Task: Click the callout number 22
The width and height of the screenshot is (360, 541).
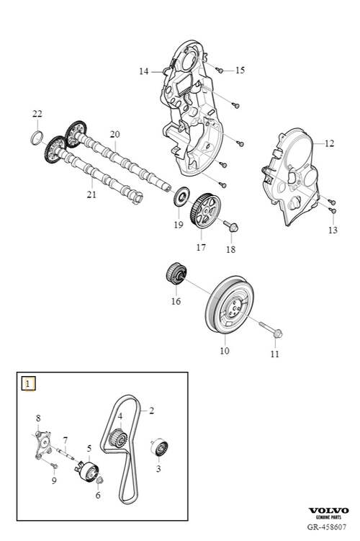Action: (x=37, y=114)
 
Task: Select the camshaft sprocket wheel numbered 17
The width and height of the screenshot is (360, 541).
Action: (x=204, y=210)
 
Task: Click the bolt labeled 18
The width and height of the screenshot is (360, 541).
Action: (x=231, y=226)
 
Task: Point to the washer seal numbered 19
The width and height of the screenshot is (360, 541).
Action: (x=181, y=197)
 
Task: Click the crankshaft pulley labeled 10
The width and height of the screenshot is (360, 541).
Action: (x=230, y=304)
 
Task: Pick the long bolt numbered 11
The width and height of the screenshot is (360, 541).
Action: (x=271, y=328)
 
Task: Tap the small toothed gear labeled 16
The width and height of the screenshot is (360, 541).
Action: (x=176, y=273)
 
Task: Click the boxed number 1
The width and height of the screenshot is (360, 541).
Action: (x=28, y=384)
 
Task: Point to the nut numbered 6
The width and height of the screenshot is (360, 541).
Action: (x=99, y=480)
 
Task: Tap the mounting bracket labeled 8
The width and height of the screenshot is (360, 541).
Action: (x=43, y=444)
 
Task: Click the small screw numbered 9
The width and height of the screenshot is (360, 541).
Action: (x=54, y=466)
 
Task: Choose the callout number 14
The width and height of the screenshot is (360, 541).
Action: (x=143, y=71)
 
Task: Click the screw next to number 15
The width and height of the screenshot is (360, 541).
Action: (x=220, y=71)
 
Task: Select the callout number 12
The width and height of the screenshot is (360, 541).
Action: (x=329, y=143)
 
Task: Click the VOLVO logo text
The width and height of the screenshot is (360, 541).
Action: (x=328, y=510)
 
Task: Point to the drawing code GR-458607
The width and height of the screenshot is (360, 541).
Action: (x=327, y=527)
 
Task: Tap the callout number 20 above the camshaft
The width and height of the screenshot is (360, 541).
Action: (x=114, y=134)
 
